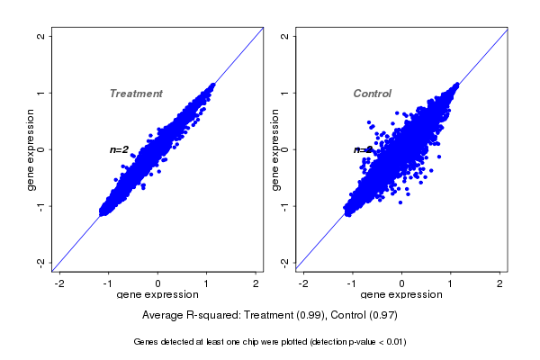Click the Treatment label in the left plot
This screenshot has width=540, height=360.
click(136, 94)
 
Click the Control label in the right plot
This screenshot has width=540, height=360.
click(372, 94)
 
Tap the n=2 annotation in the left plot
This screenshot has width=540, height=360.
click(120, 149)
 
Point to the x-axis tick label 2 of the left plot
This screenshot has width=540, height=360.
click(256, 283)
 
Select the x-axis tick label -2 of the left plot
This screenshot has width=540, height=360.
click(59, 283)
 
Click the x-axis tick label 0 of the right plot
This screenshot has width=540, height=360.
click(402, 283)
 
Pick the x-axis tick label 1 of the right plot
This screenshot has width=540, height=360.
click(452, 283)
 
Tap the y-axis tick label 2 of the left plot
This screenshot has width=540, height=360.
click(40, 36)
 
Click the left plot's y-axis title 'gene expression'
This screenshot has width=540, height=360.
click(31, 149)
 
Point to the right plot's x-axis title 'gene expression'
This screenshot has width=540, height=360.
click(401, 295)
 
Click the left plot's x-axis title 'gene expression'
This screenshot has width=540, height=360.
click(157, 295)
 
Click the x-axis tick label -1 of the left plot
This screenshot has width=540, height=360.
click(109, 283)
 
